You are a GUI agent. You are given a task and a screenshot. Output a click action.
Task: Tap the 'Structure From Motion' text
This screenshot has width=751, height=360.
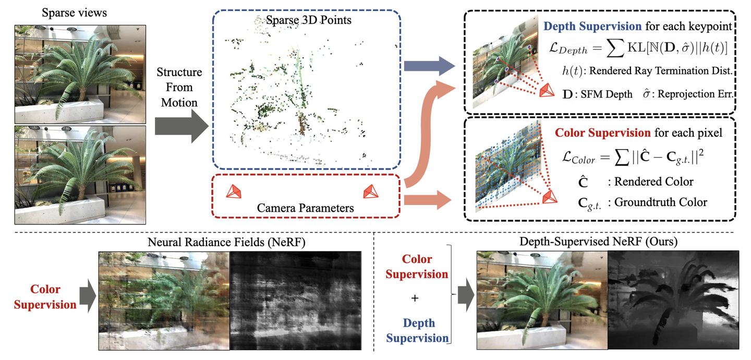(179, 87)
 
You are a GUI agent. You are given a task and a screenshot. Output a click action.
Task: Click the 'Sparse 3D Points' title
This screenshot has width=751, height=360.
(308, 21)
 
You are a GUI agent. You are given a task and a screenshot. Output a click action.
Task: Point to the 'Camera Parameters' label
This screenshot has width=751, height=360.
(305, 208)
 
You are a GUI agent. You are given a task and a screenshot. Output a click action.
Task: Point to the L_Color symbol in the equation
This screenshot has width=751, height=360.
(573, 157)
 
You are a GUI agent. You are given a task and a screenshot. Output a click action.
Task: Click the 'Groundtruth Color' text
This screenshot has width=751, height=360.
(661, 202)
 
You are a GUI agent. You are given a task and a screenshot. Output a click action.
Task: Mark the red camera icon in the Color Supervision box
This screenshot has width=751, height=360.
(549, 197)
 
